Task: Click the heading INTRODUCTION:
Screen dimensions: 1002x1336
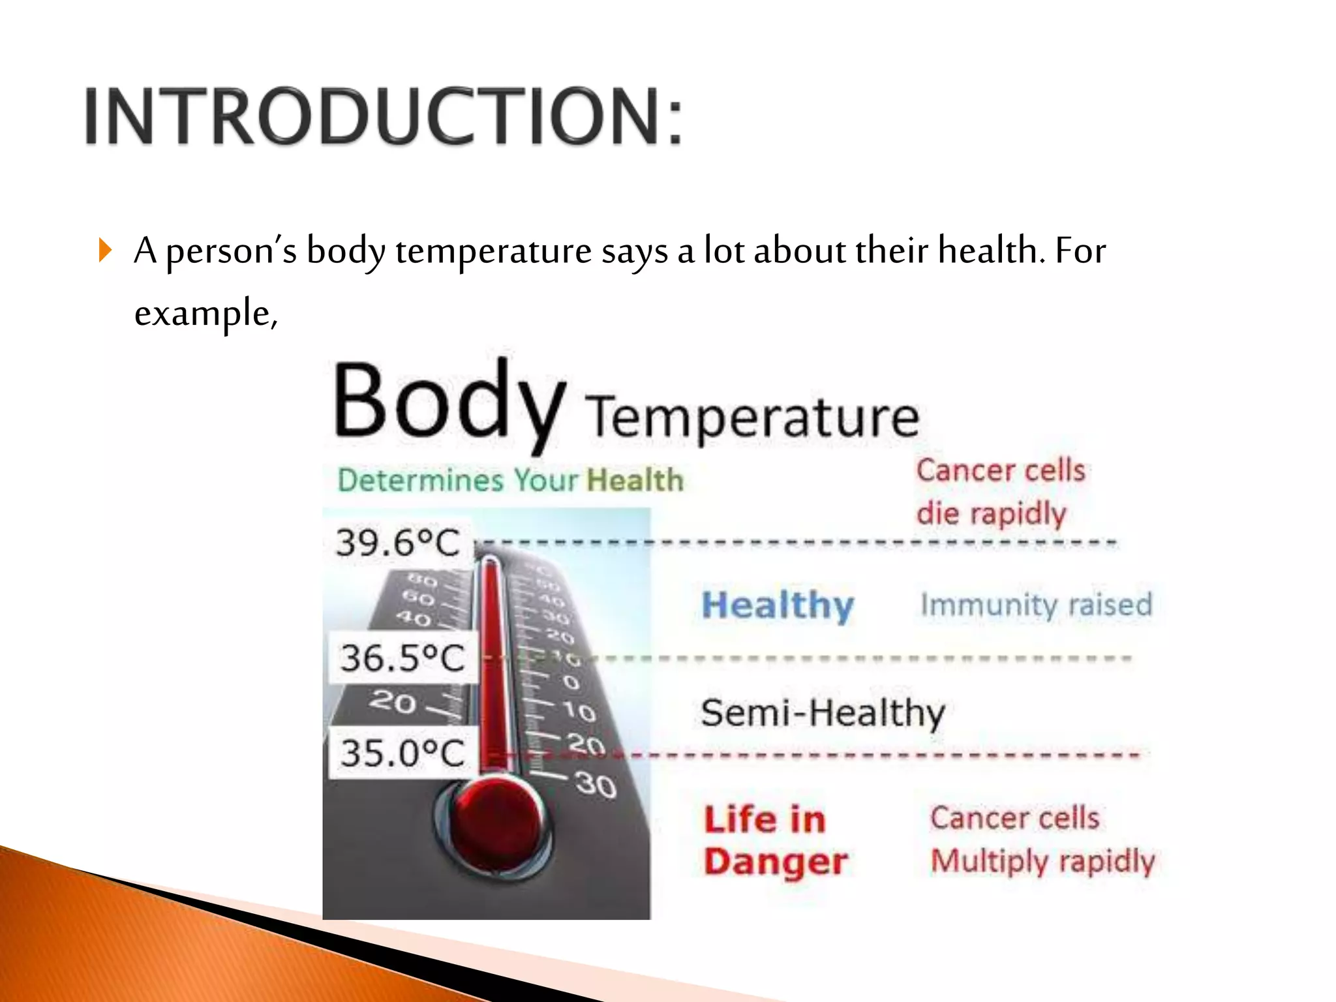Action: tap(384, 116)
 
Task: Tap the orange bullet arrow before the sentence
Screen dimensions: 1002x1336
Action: tap(105, 250)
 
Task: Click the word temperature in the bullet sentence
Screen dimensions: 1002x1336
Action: tap(493, 251)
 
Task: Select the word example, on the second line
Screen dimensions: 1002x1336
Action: tap(205, 313)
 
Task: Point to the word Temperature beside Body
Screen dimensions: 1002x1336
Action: tap(752, 417)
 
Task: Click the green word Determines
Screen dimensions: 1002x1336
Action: tap(421, 481)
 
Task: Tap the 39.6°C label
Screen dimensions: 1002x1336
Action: tap(398, 543)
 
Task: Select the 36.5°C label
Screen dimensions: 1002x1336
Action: tap(402, 658)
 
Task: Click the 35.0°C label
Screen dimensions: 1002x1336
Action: tap(402, 753)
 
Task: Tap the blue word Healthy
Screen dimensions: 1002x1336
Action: tap(778, 605)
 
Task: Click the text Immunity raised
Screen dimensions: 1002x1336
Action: tap(1036, 605)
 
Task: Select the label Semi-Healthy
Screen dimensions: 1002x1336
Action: tap(823, 713)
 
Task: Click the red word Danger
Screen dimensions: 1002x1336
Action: tap(776, 862)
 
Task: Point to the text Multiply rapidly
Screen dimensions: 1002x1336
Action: tap(1042, 861)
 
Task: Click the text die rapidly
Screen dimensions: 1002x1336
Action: tap(991, 513)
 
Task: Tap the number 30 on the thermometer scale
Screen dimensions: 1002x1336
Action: tap(596, 785)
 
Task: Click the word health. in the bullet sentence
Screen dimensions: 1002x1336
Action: tap(991, 250)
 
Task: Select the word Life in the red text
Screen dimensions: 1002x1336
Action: tap(734, 819)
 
